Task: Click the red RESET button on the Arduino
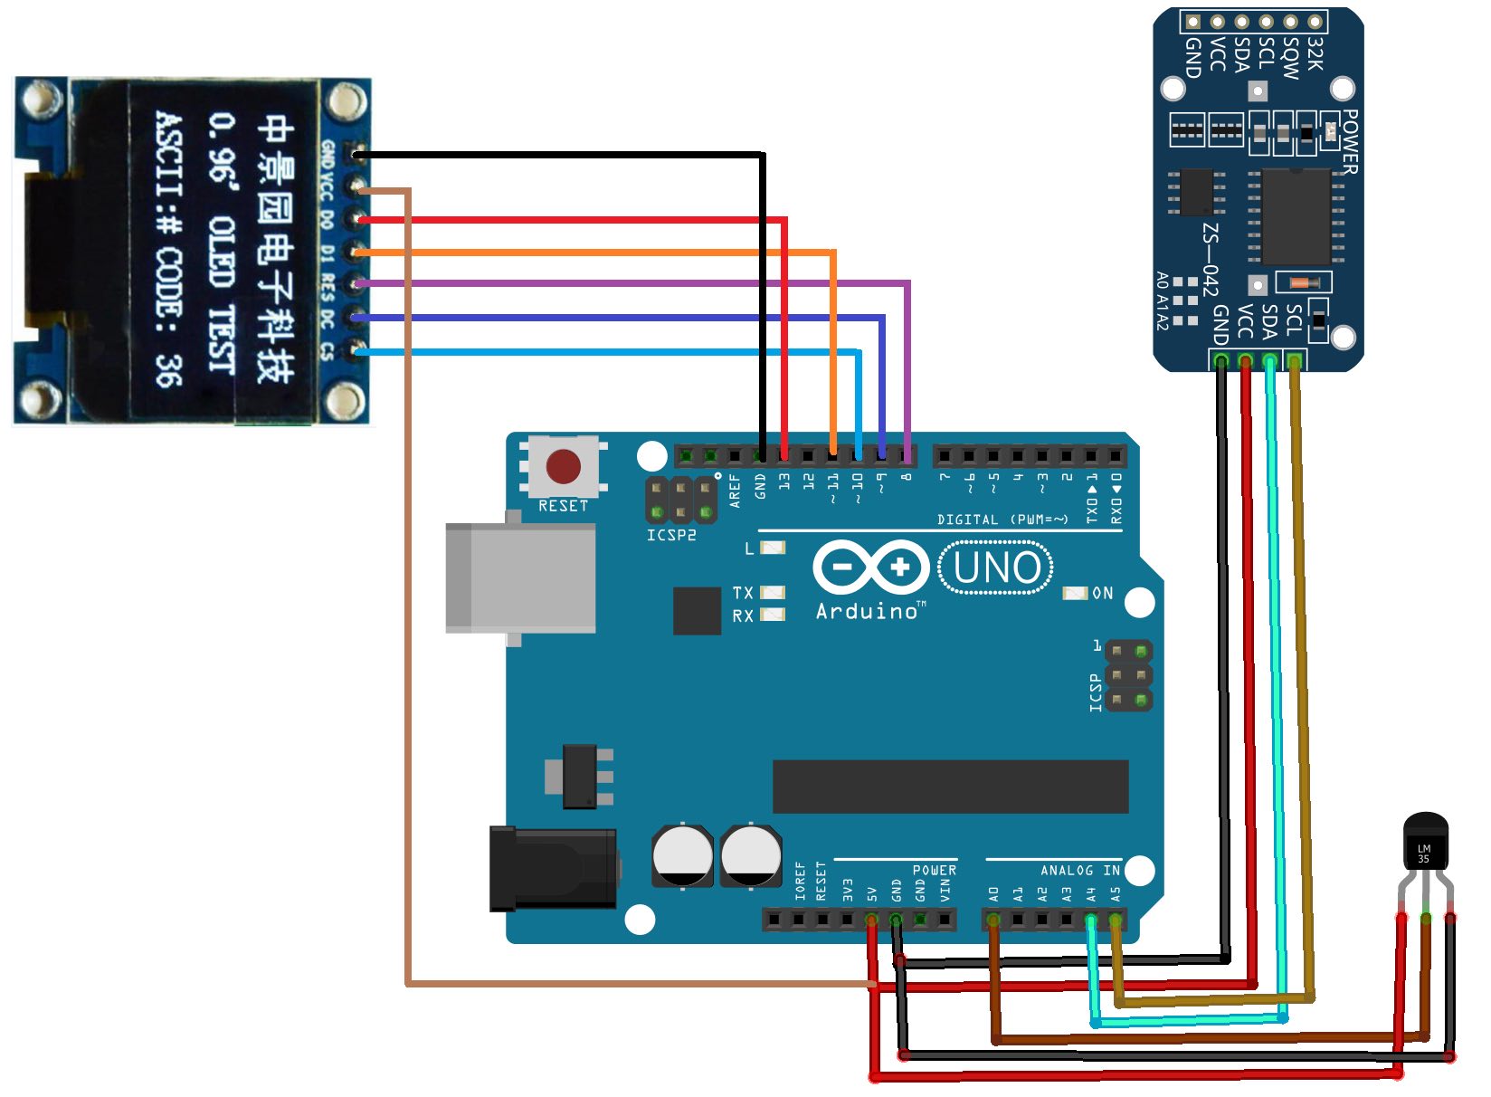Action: (563, 467)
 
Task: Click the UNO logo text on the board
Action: (996, 568)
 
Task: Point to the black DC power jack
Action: (552, 868)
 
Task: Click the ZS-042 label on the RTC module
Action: (1211, 259)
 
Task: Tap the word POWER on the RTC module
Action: (1349, 142)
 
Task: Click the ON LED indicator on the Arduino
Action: (1074, 594)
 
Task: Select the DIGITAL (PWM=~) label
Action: (1002, 520)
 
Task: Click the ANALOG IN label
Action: (1079, 870)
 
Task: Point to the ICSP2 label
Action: (670, 536)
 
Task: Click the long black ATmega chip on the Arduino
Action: (950, 787)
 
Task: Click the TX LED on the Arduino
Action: (772, 593)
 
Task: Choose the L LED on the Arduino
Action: (773, 548)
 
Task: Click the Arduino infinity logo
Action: (870, 568)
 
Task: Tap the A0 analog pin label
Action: (993, 893)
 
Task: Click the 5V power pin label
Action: (872, 894)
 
